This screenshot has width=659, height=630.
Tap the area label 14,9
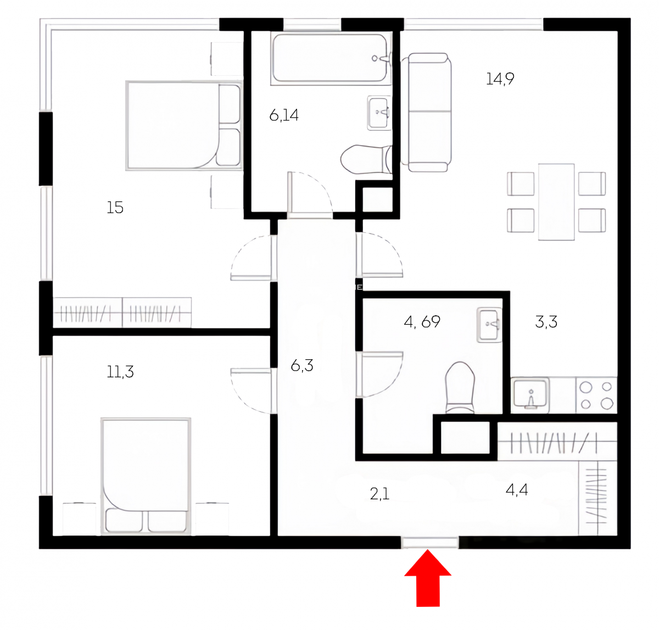pyautogui.click(x=500, y=79)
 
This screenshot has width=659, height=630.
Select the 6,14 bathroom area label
pyautogui.click(x=284, y=115)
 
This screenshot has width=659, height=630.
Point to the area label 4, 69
pyautogui.click(x=422, y=322)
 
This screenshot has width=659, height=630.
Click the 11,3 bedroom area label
pyautogui.click(x=120, y=372)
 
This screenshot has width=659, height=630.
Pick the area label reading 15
pyautogui.click(x=115, y=208)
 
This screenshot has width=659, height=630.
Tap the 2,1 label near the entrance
pyautogui.click(x=379, y=494)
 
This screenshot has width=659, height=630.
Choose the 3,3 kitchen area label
pyautogui.click(x=546, y=322)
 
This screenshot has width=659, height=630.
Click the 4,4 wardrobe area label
pyautogui.click(x=517, y=490)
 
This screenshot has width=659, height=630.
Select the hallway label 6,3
pyautogui.click(x=301, y=365)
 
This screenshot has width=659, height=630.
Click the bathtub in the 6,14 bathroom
pyautogui.click(x=330, y=58)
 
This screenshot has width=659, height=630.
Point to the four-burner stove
pyautogui.click(x=596, y=395)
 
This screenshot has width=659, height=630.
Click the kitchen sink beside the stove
pyautogui.click(x=530, y=394)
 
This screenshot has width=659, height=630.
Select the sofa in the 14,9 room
pyautogui.click(x=426, y=113)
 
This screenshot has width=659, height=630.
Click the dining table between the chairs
pyautogui.click(x=556, y=202)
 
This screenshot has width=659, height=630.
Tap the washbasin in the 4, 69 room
pyautogui.click(x=489, y=325)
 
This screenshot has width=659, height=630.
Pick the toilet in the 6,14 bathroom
pyautogui.click(x=366, y=159)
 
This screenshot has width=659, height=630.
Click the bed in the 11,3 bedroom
pyautogui.click(x=146, y=476)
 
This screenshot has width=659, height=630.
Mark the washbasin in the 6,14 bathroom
pyautogui.click(x=379, y=113)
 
